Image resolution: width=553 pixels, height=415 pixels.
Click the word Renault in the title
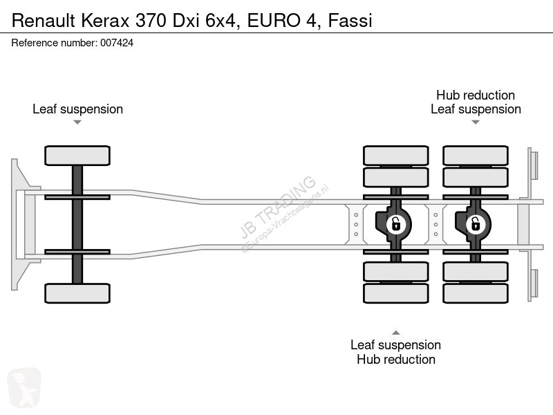tap(44, 21)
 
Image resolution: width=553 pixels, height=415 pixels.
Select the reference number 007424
tap(117, 43)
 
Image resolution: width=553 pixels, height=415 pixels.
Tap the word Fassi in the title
tap(350, 21)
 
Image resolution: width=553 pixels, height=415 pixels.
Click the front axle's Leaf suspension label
tap(77, 109)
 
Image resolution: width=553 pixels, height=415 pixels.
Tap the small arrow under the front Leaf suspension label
tap(77, 122)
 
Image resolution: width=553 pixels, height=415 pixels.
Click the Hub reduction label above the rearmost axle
tap(476, 95)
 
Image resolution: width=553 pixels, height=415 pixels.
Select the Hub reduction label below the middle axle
tap(395, 359)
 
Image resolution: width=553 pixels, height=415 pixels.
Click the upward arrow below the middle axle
tap(395, 333)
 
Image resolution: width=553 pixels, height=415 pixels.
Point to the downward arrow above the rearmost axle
tap(476, 122)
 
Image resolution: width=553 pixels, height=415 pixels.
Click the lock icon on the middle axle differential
tap(395, 224)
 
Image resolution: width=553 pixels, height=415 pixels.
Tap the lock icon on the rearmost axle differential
tap(476, 224)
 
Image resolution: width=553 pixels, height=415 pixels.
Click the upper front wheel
tap(77, 156)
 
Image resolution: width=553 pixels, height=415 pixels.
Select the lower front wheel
tap(77, 293)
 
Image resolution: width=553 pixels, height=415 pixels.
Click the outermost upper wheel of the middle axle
tap(395, 156)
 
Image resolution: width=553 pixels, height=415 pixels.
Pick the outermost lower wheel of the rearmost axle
tap(476, 293)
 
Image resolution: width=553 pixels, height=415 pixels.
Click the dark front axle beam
tap(77, 224)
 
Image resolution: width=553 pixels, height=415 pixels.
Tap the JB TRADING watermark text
tap(278, 207)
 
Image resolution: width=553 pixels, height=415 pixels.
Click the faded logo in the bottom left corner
tap(24, 387)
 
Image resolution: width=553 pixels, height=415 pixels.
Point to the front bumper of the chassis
tap(20, 224)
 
